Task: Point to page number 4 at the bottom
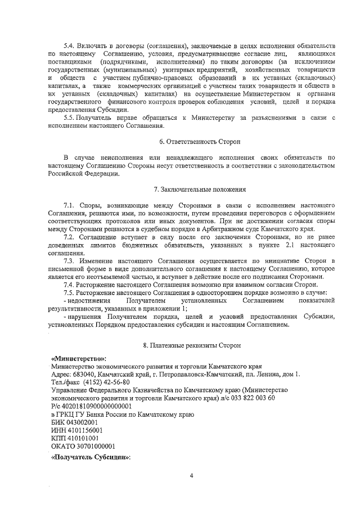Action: tap(191, 476)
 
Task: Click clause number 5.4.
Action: tap(71, 44)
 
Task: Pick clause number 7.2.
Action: tap(71, 238)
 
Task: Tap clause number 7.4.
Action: tap(71, 285)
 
